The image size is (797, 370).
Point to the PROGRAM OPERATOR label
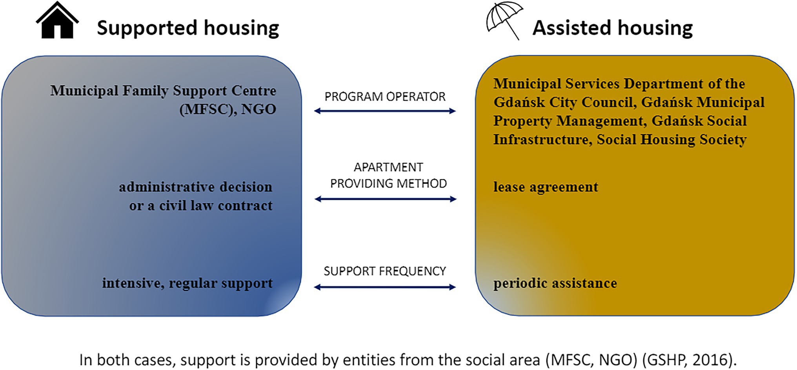tap(385, 96)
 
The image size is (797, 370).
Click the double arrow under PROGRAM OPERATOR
tap(385, 111)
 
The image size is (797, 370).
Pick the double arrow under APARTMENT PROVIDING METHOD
tap(386, 199)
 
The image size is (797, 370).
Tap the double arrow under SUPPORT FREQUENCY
tap(385, 287)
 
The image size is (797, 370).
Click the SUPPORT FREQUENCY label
tap(385, 271)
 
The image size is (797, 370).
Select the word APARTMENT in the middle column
tap(388, 167)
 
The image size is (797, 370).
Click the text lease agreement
tap(546, 187)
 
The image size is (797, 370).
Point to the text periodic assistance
tap(555, 283)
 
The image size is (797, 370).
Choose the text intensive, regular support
tap(187, 283)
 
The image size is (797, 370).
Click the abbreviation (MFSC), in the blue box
tap(208, 109)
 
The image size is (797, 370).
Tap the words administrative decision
tap(196, 187)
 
